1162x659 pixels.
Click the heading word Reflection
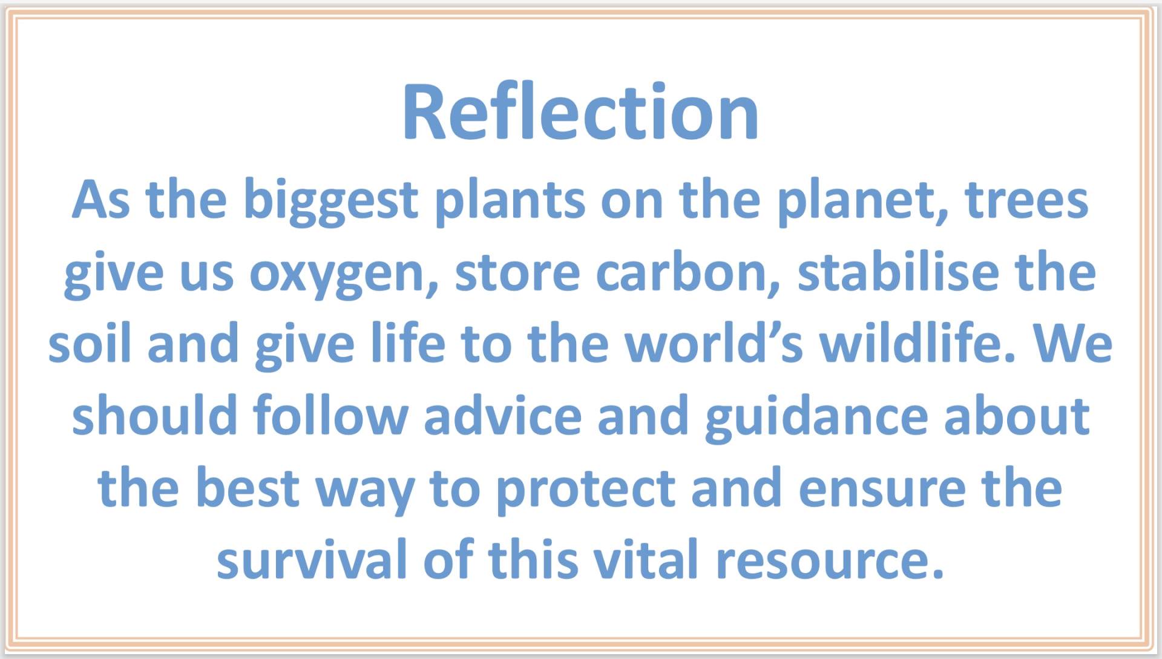pyautogui.click(x=580, y=112)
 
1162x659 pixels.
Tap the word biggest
pyautogui.click(x=330, y=202)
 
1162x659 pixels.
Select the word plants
pyautogui.click(x=510, y=202)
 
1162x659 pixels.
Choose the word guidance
pyautogui.click(x=816, y=418)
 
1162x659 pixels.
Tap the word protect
pyautogui.click(x=586, y=490)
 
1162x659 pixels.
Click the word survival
pyautogui.click(x=312, y=559)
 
